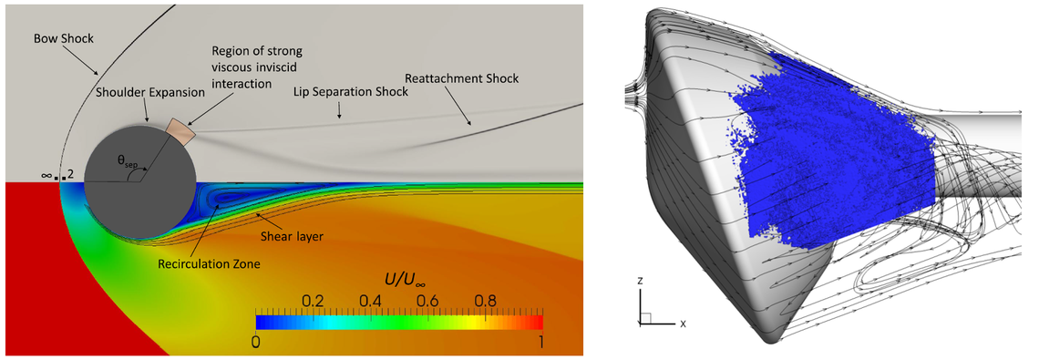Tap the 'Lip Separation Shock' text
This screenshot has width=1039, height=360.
tap(351, 93)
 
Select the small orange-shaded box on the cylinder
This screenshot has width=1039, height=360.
tap(180, 133)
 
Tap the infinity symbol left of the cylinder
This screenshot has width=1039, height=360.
tap(45, 174)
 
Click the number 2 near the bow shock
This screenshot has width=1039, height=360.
tap(69, 174)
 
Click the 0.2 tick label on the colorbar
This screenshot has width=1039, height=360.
tap(313, 301)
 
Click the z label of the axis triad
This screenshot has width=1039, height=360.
tap(642, 283)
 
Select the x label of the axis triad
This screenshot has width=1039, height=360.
tap(682, 324)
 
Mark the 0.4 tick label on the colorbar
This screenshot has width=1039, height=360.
tap(370, 301)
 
